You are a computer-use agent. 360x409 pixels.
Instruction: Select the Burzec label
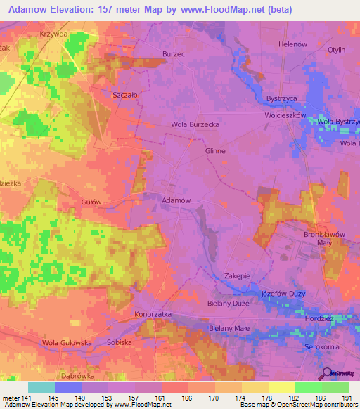[173, 53]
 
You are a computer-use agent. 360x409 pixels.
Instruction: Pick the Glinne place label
[215, 150]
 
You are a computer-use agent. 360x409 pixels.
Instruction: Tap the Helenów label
[293, 44]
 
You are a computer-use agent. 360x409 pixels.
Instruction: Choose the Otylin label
[336, 50]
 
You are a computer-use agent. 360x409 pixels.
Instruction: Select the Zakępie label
[238, 275]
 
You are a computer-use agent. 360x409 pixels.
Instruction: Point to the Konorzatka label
[153, 313]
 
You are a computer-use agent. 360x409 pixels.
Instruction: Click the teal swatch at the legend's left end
[41, 387]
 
